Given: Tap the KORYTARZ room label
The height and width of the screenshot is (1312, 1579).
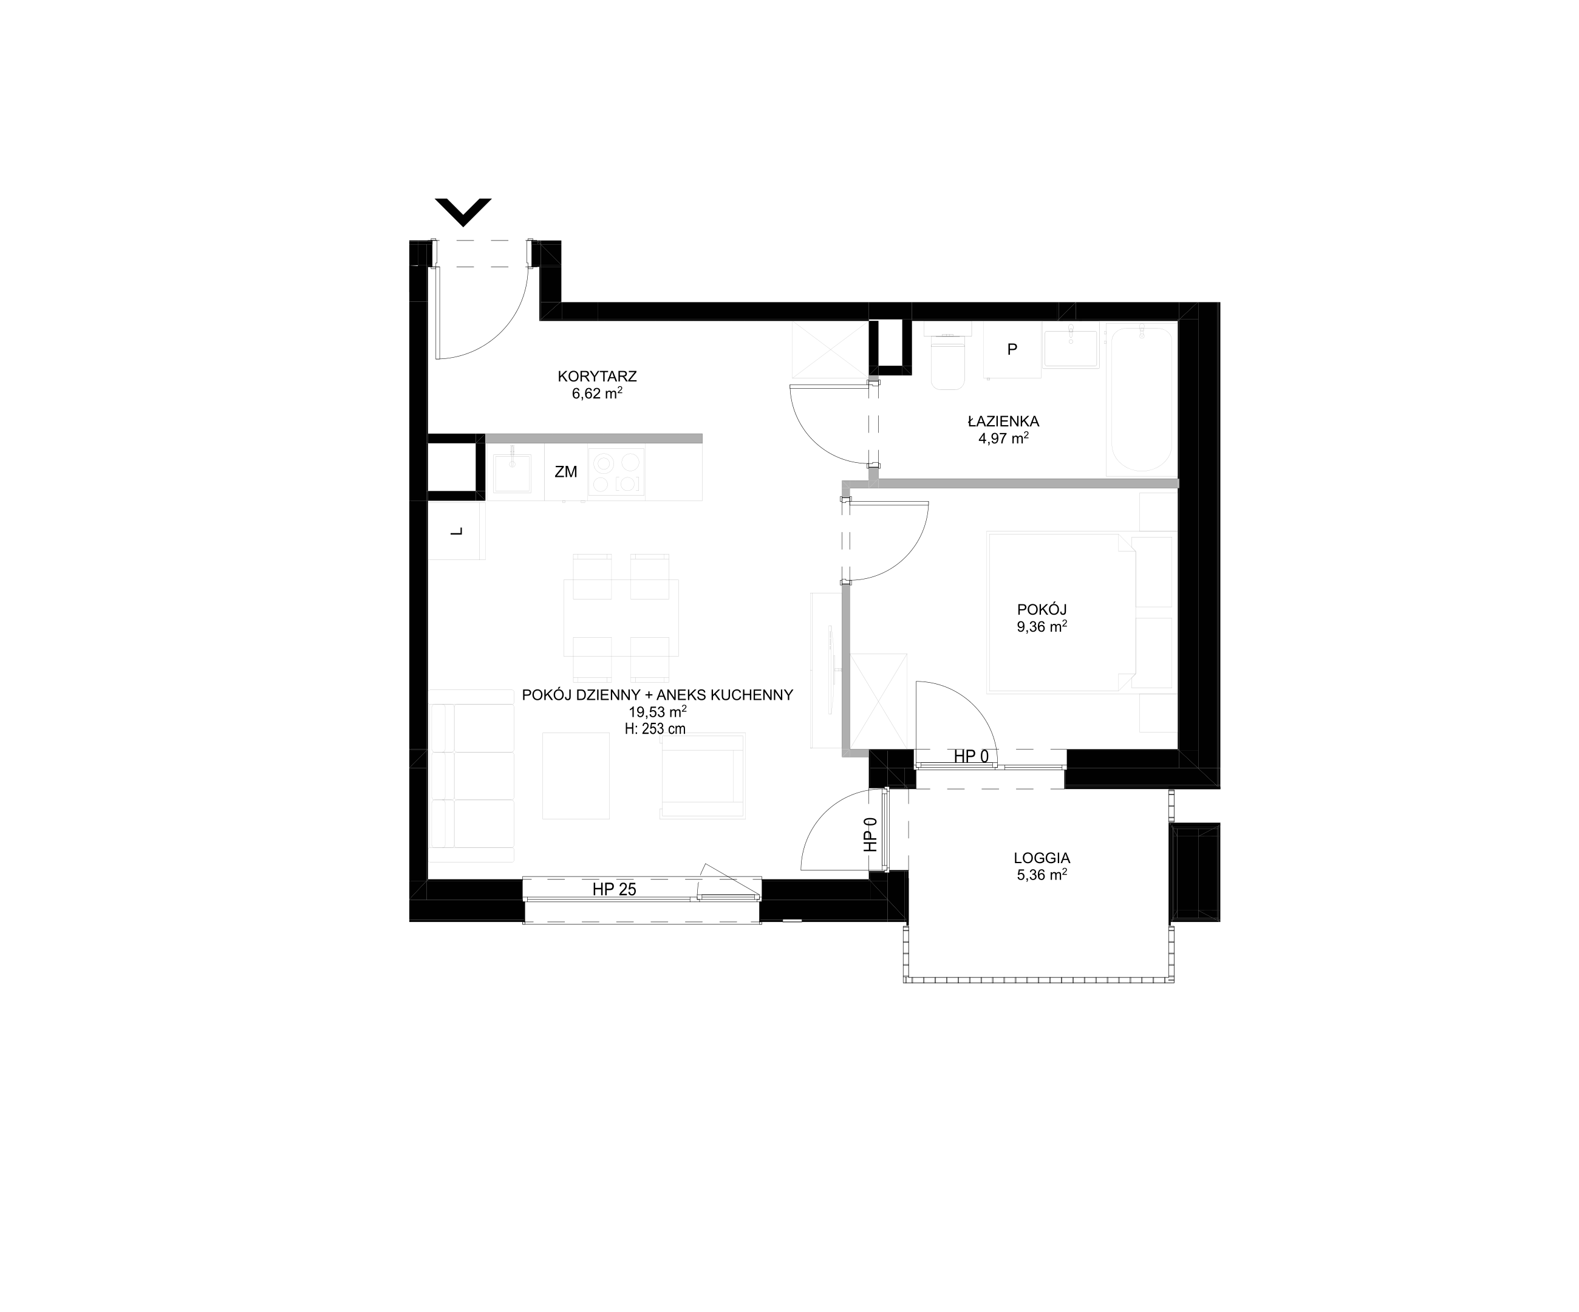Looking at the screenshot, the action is pos(597,376).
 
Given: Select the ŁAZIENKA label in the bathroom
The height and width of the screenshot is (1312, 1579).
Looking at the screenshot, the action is pos(1003,421).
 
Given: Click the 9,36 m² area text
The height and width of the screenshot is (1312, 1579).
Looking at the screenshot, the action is pos(1042,626).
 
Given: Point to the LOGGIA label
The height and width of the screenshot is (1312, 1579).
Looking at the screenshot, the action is pos(1042,858).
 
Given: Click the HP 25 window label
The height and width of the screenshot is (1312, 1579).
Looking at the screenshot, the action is pos(615,889).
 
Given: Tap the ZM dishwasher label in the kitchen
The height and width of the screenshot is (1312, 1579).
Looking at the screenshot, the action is pos(565,472).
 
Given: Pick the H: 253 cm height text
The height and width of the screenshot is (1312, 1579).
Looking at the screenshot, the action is pos(655,728).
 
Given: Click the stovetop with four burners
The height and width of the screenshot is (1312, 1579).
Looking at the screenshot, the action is pos(616,471).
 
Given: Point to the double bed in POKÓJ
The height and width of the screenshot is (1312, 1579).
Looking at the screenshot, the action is pos(1080,612).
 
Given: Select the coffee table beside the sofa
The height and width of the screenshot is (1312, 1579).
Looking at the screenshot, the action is pos(576,776).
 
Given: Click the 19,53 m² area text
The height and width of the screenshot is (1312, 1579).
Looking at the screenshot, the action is pos(658,712).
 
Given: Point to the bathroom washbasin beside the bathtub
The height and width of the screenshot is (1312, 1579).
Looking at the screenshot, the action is pos(1071,347).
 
